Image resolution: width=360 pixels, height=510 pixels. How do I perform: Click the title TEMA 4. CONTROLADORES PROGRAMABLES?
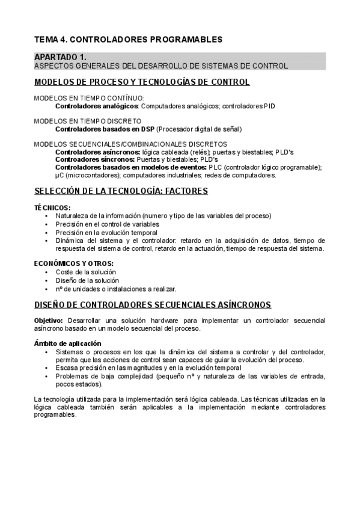128,39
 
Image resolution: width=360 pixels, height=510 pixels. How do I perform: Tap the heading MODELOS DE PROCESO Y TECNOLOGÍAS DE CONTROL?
142,82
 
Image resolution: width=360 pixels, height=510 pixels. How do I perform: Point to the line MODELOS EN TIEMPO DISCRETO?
88,121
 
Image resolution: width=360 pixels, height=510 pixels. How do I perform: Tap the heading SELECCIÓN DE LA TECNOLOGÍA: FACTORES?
121,191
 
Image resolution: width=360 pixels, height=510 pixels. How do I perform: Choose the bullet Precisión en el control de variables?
111,224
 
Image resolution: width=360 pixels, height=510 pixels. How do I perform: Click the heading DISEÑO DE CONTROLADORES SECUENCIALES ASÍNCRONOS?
153,305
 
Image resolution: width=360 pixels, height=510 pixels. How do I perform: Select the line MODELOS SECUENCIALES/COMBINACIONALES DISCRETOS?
130,144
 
